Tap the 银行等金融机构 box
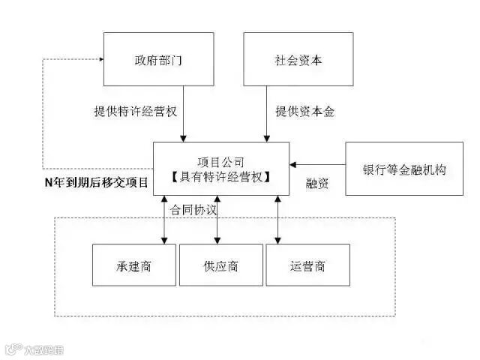point(403,169)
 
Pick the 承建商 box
point(134,265)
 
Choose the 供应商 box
point(220,265)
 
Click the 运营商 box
point(308,265)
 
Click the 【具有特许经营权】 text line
point(220,177)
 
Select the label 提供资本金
point(304,112)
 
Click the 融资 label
point(317,183)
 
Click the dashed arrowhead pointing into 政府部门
point(98,59)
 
